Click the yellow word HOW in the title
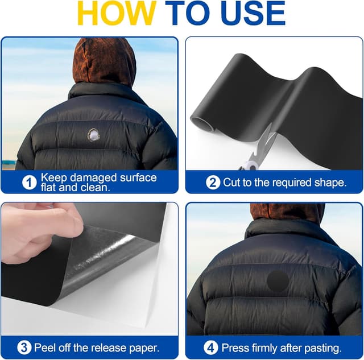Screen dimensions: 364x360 tap(117, 13)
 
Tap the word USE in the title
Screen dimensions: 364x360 tap(253, 13)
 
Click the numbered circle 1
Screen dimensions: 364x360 tap(29, 183)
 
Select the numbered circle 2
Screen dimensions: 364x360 tap(213, 183)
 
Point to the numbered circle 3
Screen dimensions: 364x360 tap(24, 347)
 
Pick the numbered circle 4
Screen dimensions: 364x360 tap(211, 347)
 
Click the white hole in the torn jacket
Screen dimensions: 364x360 tap(94, 135)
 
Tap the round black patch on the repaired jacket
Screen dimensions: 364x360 tap(278, 281)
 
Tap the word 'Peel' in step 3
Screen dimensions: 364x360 tap(44, 347)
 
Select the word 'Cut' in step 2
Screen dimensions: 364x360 tap(231, 183)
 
